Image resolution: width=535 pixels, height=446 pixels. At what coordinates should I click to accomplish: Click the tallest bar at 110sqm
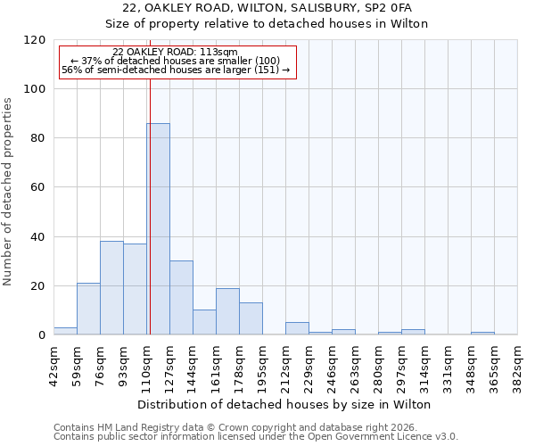(x=158, y=229)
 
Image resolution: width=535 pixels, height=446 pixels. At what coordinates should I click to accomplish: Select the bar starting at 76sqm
(x=111, y=288)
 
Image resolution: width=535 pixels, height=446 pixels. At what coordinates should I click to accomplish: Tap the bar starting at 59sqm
(x=88, y=309)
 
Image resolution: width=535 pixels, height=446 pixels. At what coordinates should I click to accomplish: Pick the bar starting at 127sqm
(x=181, y=298)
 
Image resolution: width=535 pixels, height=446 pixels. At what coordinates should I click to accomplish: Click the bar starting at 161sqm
(x=227, y=311)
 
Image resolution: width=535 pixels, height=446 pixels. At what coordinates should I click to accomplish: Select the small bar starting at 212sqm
(x=297, y=328)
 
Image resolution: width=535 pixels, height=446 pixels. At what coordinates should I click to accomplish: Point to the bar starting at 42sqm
(x=65, y=331)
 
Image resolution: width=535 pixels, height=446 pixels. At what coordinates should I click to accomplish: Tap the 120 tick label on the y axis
(x=35, y=40)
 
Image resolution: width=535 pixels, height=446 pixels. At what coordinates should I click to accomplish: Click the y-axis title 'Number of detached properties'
(x=9, y=192)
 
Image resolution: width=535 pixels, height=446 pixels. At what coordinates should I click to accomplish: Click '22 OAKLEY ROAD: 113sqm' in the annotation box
(x=176, y=53)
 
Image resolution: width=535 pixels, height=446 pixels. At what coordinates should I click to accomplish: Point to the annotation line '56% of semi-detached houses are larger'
(x=176, y=70)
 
